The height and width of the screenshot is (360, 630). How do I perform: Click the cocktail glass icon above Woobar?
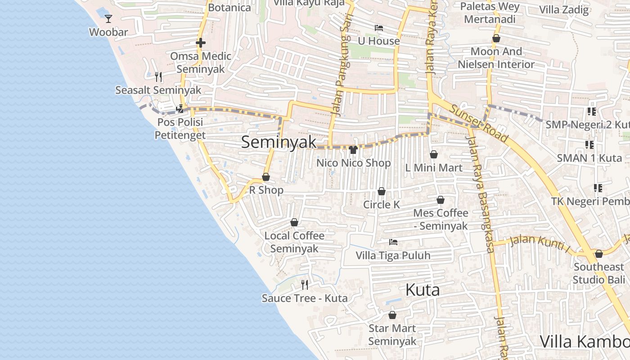(108, 19)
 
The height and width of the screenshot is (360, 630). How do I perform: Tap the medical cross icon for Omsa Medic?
(201, 43)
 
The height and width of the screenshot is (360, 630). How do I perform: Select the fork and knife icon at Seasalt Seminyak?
(158, 77)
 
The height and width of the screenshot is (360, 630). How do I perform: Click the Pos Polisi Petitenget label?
(180, 129)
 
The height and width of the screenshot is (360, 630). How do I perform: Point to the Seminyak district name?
(279, 142)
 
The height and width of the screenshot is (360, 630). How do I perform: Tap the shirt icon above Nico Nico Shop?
(353, 149)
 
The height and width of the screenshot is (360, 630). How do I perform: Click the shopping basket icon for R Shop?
(266, 177)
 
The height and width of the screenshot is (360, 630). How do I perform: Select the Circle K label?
(382, 205)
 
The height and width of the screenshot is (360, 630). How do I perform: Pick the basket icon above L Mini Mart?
(434, 154)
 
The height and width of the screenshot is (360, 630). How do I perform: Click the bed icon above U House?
(379, 28)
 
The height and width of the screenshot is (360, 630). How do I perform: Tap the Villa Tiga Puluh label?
(393, 256)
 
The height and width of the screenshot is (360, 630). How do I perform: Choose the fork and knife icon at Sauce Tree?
(305, 284)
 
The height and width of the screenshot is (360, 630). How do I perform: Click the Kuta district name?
(423, 290)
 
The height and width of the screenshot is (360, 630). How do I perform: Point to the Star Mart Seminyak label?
(392, 335)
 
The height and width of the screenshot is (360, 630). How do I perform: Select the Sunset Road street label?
(479, 124)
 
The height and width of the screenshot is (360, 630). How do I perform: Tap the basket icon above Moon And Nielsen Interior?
(496, 38)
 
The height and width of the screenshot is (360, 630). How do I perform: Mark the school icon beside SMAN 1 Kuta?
(589, 145)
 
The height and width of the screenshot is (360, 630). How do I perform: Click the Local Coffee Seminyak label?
(294, 242)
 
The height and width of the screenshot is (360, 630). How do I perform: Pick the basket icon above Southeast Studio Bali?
(598, 254)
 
